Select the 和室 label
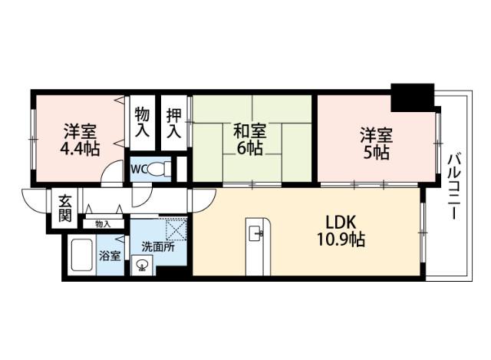click(249, 130)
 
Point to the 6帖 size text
click(249, 148)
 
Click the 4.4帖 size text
click(80, 148)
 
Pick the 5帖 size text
click(376, 153)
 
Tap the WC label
click(139, 169)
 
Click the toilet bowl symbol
click(159, 169)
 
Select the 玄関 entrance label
click(64, 207)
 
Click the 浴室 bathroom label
click(109, 256)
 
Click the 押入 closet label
click(176, 123)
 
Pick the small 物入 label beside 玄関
click(103, 224)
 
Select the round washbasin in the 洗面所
click(141, 266)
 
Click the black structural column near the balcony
click(412, 97)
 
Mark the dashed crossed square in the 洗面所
click(176, 230)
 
